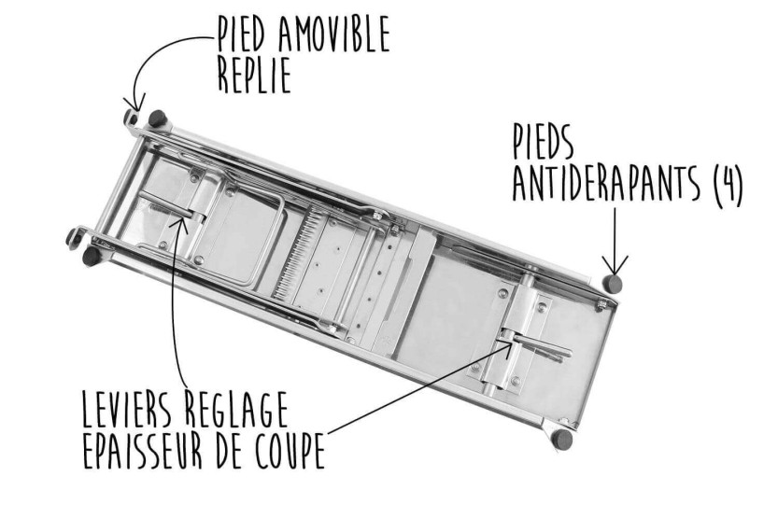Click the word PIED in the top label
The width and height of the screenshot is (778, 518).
[x=242, y=34]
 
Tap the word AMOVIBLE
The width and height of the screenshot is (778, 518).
[x=334, y=34]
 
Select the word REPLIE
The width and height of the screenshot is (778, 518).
[x=254, y=76]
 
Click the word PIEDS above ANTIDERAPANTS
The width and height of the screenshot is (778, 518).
[x=544, y=142]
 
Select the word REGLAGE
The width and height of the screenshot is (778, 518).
[x=237, y=409]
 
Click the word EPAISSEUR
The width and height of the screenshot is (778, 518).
[x=143, y=450]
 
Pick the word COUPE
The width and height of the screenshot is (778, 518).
[x=290, y=450]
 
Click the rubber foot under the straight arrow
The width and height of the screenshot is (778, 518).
[x=613, y=284]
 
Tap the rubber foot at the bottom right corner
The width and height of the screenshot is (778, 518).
[x=562, y=440]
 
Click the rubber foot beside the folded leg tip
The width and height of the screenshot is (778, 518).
[x=157, y=118]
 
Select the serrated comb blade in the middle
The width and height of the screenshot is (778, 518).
[x=297, y=254]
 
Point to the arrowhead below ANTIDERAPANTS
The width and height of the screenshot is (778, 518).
[x=615, y=265]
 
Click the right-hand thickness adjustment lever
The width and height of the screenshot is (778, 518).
[x=536, y=344]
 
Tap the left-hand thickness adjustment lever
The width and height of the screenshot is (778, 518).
[x=170, y=205]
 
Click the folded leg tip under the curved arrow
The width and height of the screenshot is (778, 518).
[x=131, y=118]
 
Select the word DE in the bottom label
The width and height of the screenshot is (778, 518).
[x=229, y=450]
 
